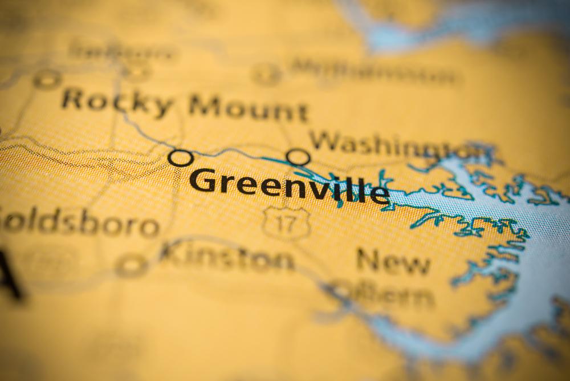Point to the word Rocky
[117, 102]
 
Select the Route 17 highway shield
[286, 222]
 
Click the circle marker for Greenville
[181, 158]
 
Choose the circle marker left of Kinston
[131, 265]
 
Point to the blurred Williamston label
[373, 71]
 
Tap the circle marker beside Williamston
[266, 74]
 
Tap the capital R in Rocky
[74, 99]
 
